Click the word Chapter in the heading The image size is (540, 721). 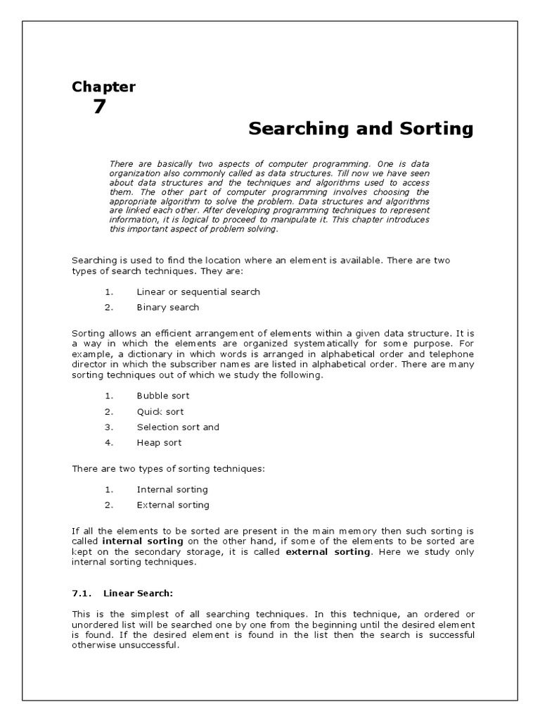[x=103, y=87]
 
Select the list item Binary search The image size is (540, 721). [x=167, y=307]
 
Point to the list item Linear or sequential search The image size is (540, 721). [x=198, y=291]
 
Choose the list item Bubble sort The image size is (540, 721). [x=162, y=396]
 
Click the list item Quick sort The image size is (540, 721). [x=160, y=411]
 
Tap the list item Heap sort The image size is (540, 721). [x=159, y=442]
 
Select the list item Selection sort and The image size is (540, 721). [x=178, y=427]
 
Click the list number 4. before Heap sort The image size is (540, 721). [x=108, y=442]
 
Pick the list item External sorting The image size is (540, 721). [x=172, y=504]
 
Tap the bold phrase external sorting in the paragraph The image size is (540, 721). [x=327, y=552]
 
